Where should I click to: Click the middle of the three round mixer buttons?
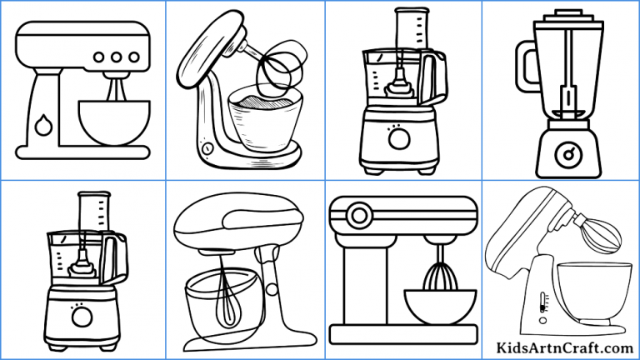click(115, 57)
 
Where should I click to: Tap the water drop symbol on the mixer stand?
click(44, 125)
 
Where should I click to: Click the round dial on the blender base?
click(568, 153)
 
